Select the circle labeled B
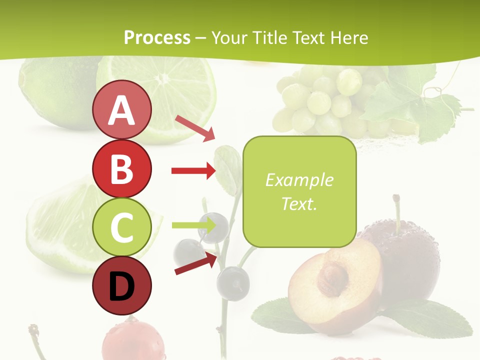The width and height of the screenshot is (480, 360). pos(121,168)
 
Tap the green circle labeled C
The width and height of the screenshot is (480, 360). pos(121,227)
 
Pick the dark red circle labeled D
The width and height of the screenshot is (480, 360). pos(121,286)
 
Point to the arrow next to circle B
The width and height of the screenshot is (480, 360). pos(193,171)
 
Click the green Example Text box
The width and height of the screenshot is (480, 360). pos(299,191)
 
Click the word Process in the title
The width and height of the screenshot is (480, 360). pos(157,37)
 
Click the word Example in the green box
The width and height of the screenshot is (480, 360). pos(299,180)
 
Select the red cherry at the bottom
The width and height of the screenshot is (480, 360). pos(129,342)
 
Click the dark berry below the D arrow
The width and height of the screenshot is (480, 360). pos(233,283)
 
